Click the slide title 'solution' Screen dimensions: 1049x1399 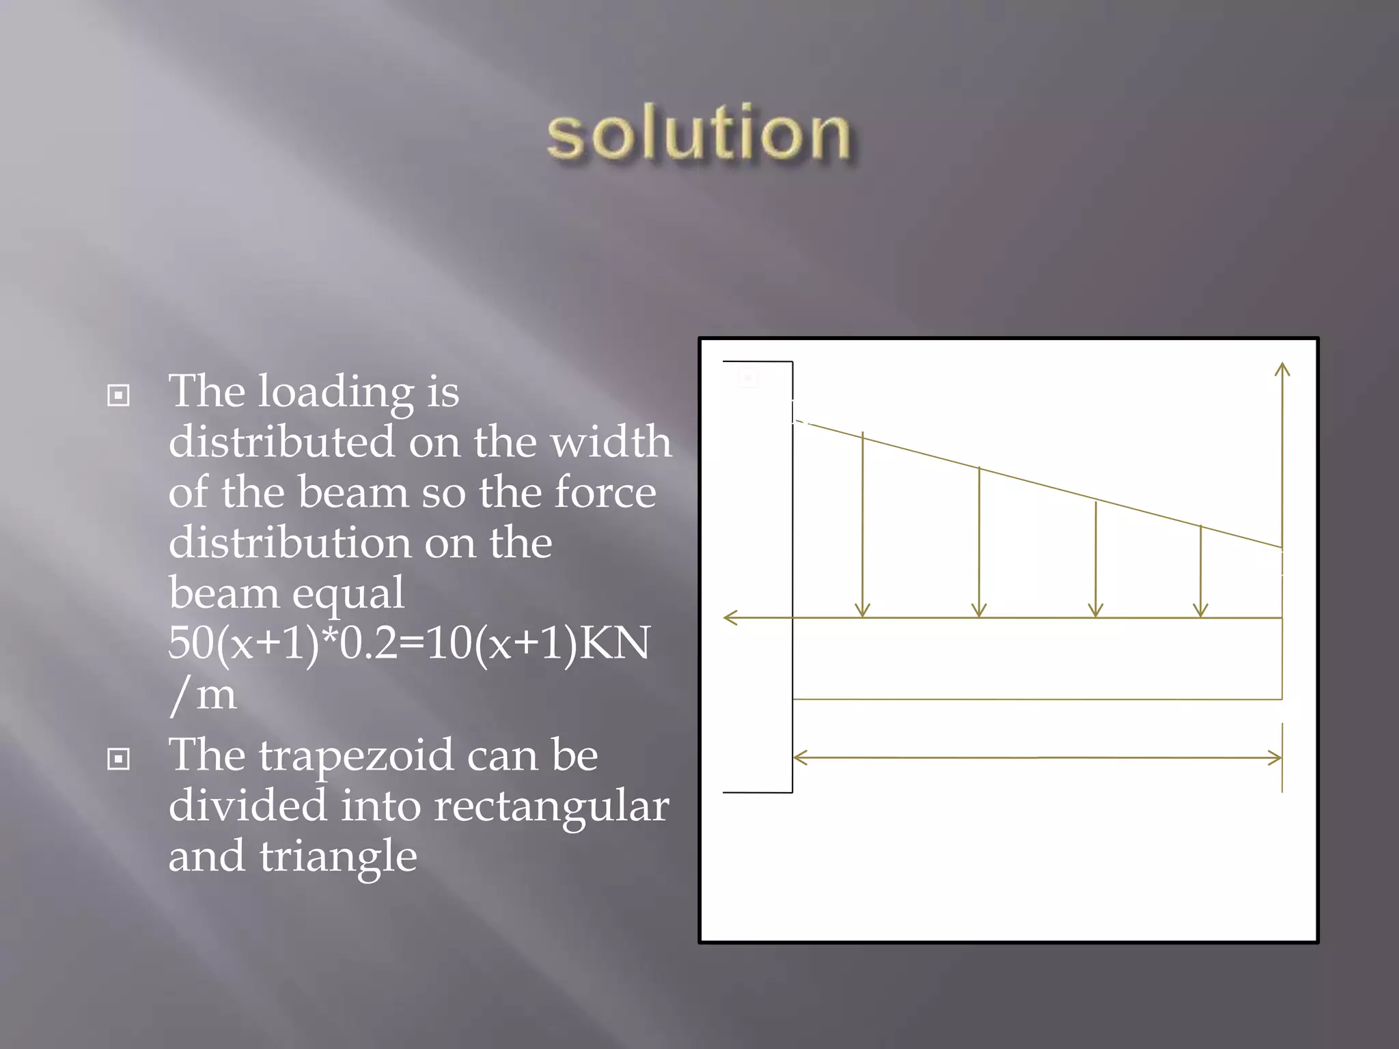pyautogui.click(x=698, y=134)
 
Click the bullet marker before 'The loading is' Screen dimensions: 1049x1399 pyautogui.click(x=119, y=395)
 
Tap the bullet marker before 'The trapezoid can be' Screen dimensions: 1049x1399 pyautogui.click(x=119, y=759)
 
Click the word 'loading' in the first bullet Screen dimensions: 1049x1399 pyautogui.click(x=335, y=393)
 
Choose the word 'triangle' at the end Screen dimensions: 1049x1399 pyautogui.click(x=337, y=856)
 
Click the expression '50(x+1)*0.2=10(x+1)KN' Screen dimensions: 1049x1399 pyautogui.click(x=408, y=643)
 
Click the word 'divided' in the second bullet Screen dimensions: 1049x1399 pyautogui.click(x=247, y=806)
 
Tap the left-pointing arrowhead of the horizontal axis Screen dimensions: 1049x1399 pyautogui.click(x=729, y=618)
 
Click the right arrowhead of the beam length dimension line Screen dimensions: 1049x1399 pyautogui.click(x=1277, y=758)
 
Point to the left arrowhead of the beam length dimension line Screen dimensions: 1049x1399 pyautogui.click(x=799, y=758)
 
